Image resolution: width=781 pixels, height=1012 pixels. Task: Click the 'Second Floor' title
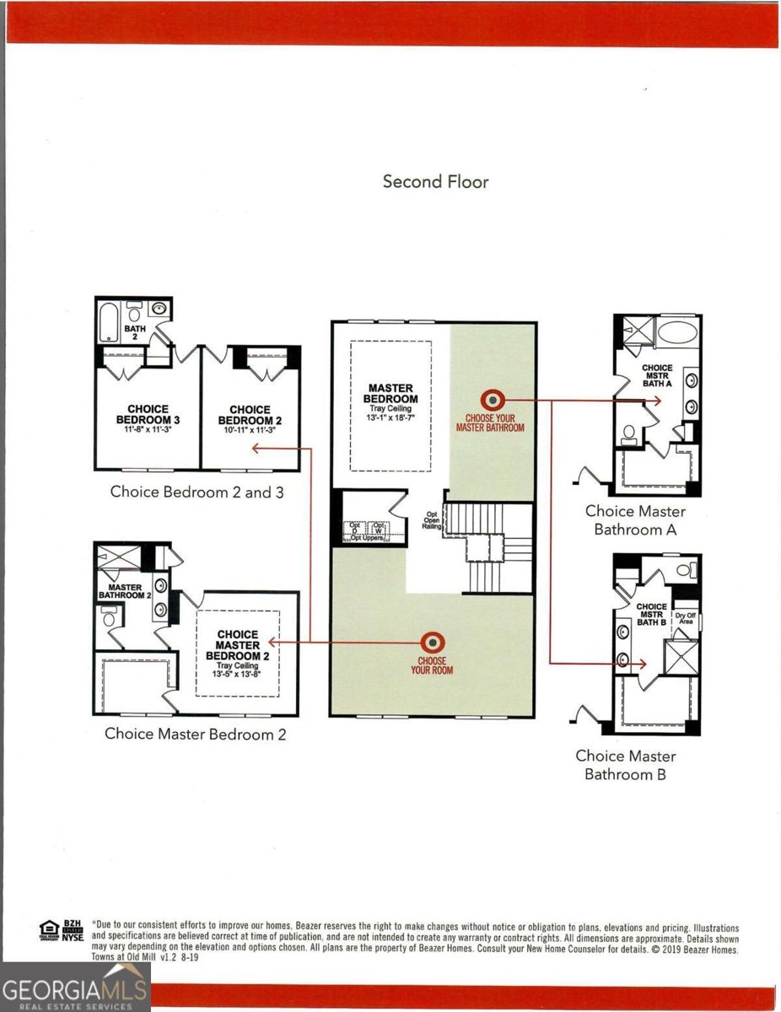pyautogui.click(x=435, y=181)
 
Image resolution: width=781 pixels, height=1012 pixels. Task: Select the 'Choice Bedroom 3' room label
pyautogui.click(x=148, y=414)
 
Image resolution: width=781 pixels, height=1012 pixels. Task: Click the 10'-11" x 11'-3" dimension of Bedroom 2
pyautogui.click(x=250, y=430)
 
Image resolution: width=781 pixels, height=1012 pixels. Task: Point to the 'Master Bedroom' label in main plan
pyautogui.click(x=390, y=394)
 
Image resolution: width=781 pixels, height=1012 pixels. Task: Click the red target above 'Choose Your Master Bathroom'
pyautogui.click(x=490, y=400)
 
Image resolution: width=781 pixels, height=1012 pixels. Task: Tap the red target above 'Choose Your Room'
pyautogui.click(x=432, y=642)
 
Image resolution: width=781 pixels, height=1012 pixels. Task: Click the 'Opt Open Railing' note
pyautogui.click(x=431, y=520)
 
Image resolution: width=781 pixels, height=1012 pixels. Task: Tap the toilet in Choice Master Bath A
pyautogui.click(x=628, y=434)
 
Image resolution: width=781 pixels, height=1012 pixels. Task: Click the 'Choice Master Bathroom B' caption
pyautogui.click(x=625, y=764)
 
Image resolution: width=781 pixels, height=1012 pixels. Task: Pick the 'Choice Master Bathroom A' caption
pyautogui.click(x=635, y=520)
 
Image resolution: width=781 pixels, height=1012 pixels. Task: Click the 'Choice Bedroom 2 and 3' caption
pyautogui.click(x=197, y=492)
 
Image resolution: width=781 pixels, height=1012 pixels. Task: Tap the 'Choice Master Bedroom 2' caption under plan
pyautogui.click(x=195, y=734)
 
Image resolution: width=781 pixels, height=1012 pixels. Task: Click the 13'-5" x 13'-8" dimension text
pyautogui.click(x=237, y=674)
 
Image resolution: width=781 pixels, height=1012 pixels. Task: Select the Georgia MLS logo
pyautogui.click(x=75, y=987)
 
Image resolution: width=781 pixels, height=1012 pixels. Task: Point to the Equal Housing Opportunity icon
pyautogui.click(x=48, y=932)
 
